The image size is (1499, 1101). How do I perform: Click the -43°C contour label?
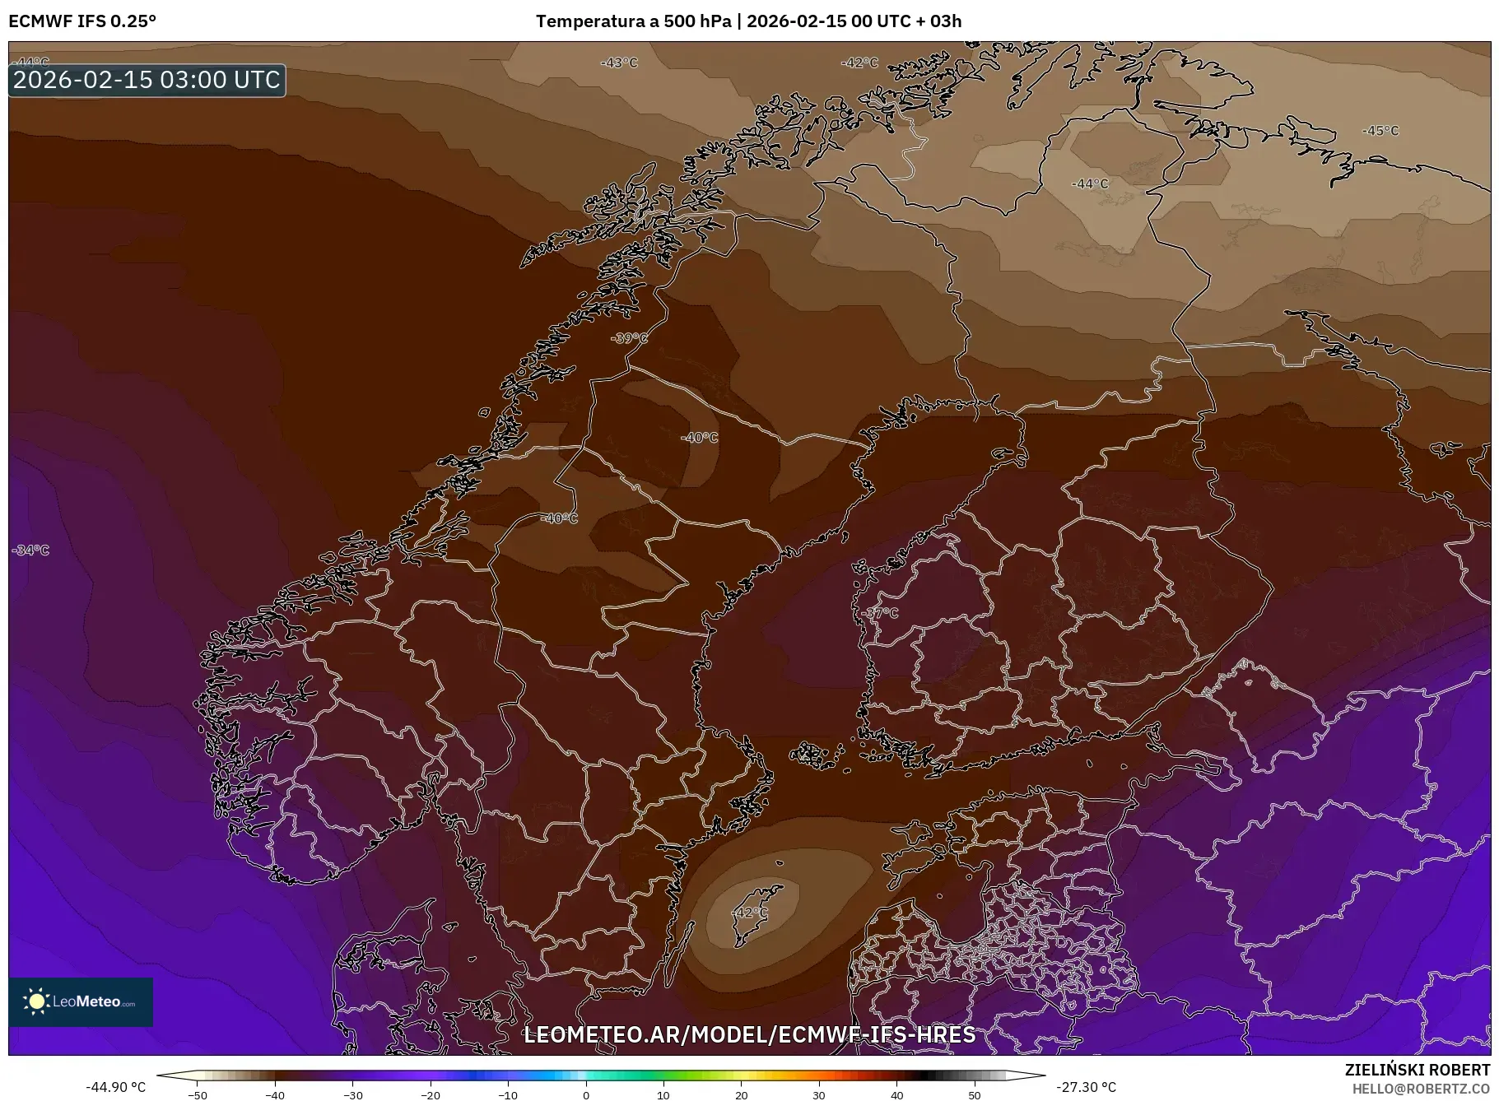[x=619, y=63]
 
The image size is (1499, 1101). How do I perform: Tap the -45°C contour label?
[x=1380, y=131]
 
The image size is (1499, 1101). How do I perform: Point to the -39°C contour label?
[x=629, y=338]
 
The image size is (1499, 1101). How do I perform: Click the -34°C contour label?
[x=31, y=550]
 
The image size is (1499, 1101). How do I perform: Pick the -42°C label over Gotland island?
[x=749, y=913]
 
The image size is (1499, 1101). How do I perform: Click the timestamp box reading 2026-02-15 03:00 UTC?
[x=147, y=80]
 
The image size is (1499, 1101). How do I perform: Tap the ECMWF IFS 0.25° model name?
[x=82, y=21]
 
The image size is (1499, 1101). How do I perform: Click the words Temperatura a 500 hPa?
[x=633, y=21]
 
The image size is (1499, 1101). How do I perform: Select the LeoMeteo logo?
[x=81, y=1001]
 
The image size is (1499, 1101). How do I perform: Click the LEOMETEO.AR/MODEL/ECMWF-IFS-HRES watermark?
[x=749, y=1034]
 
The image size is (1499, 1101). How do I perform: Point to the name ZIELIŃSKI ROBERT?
[x=1417, y=1070]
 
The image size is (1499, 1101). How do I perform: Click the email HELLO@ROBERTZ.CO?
[x=1420, y=1089]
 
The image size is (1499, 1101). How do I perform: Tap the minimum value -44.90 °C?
[x=116, y=1087]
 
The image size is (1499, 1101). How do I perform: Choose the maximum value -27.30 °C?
[x=1086, y=1087]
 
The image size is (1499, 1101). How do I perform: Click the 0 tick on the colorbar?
[x=586, y=1094]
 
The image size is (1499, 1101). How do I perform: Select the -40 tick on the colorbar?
[x=275, y=1094]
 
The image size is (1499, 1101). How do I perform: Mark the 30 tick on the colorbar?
[x=819, y=1094]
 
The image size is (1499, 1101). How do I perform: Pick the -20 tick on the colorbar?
[x=431, y=1094]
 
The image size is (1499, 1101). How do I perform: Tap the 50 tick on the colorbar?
[x=975, y=1094]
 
